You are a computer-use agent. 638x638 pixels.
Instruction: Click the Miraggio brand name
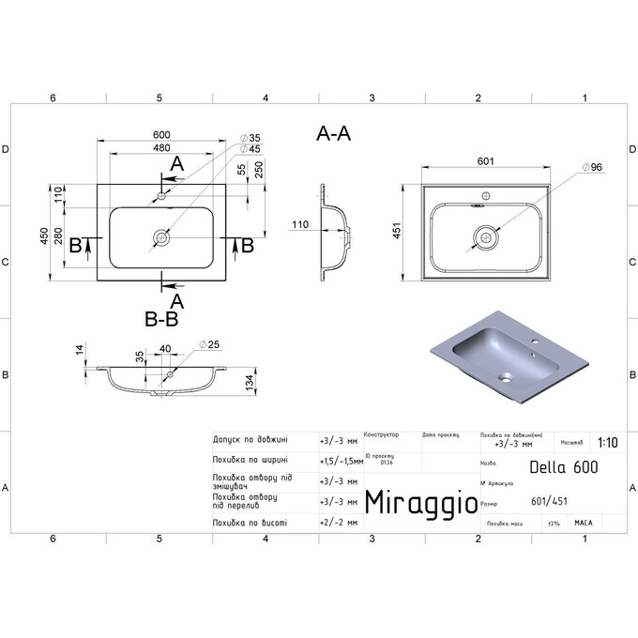(x=418, y=502)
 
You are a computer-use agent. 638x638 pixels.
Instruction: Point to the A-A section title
(x=333, y=135)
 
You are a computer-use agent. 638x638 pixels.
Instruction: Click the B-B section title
(x=161, y=319)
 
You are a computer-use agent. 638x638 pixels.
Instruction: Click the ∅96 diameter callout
(x=592, y=166)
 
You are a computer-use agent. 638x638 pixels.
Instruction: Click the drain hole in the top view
(x=161, y=239)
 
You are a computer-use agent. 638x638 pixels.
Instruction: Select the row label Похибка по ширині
(x=250, y=460)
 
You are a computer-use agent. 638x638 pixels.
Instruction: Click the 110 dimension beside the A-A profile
(x=299, y=224)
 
